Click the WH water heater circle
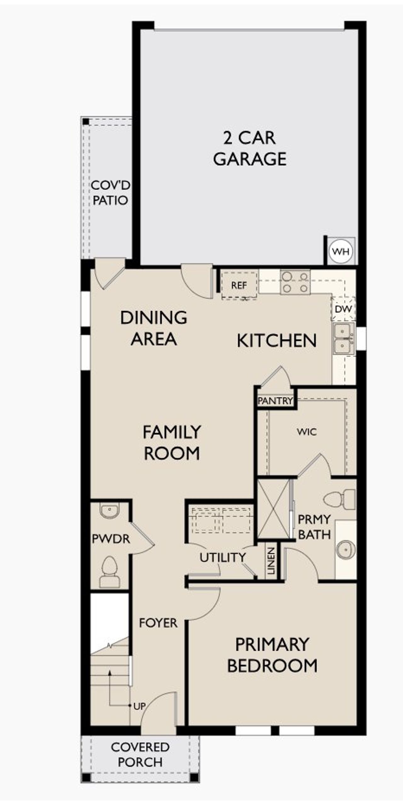point(341,251)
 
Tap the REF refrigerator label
point(239,285)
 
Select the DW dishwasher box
point(343,309)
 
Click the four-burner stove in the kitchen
point(295,282)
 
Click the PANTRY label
point(275,401)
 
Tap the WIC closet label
point(307,432)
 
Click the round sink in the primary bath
point(345,550)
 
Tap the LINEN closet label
point(271,561)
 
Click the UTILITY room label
point(223,558)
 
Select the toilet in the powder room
point(110,572)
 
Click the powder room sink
point(110,510)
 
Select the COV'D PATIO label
point(110,193)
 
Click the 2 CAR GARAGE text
point(250,148)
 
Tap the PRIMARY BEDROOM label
point(272,655)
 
